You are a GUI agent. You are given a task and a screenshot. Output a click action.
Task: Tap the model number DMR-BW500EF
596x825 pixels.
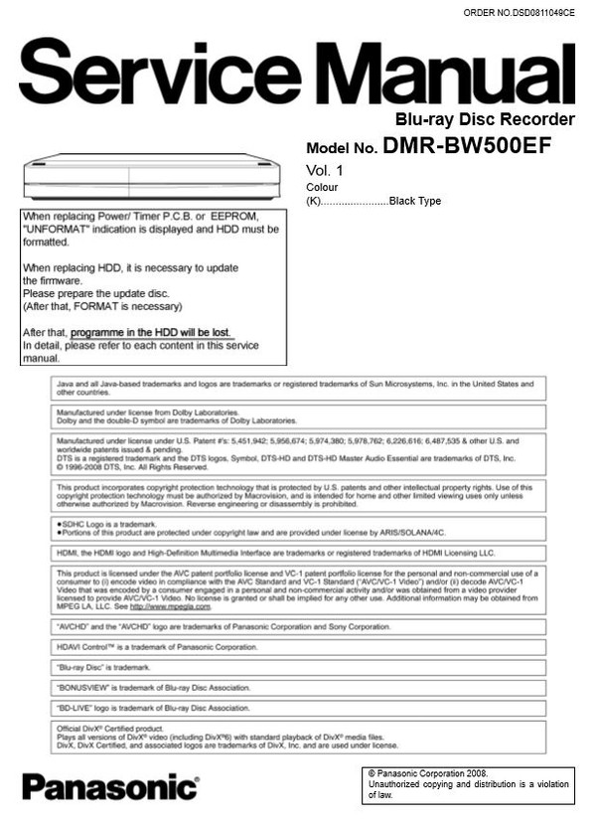pos(467,146)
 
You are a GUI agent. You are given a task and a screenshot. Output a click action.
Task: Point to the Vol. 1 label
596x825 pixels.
pos(324,170)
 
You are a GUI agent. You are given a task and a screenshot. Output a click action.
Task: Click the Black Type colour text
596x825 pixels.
pos(415,201)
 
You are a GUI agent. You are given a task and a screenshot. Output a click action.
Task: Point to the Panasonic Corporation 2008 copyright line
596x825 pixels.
pos(428,772)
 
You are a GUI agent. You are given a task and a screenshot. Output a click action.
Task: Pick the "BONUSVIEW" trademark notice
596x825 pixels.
pos(153,688)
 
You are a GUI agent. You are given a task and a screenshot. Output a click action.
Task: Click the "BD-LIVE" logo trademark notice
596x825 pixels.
pos(153,708)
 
